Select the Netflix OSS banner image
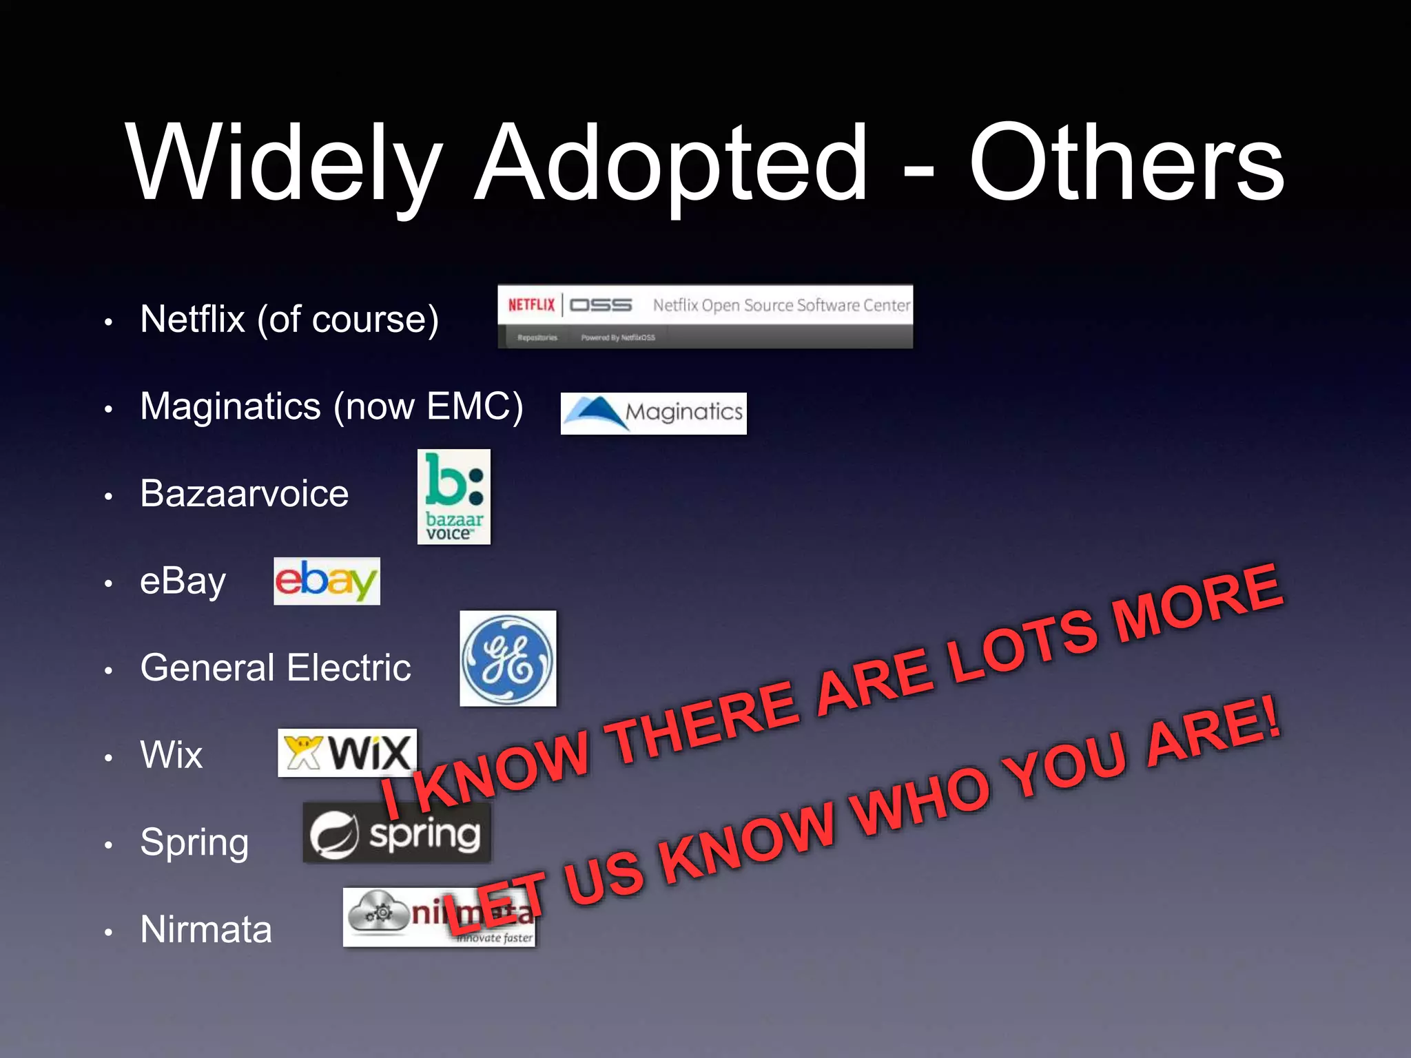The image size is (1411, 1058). [x=705, y=316]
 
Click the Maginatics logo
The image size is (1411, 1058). [x=653, y=413]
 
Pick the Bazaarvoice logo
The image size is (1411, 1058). [x=453, y=497]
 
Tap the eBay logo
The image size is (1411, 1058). [x=327, y=581]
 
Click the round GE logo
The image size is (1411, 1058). [x=508, y=658]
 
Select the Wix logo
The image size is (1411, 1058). [x=347, y=752]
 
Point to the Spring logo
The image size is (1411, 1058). [x=397, y=833]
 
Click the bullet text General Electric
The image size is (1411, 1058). [x=276, y=667]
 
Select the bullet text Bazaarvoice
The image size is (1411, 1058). [x=244, y=493]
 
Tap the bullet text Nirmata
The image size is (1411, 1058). [x=206, y=929]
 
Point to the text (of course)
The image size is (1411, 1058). [x=348, y=320]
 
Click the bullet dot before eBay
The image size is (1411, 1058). [x=108, y=583]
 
